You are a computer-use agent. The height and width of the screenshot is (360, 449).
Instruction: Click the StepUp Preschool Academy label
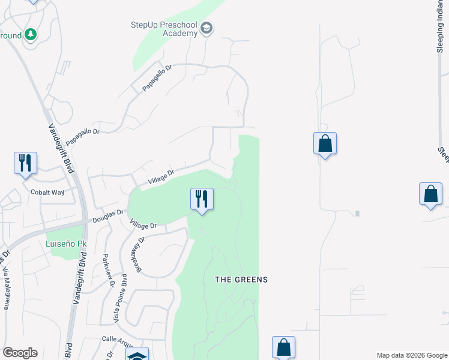point(164,29)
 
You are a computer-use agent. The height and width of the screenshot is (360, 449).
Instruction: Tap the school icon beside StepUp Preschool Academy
point(206,28)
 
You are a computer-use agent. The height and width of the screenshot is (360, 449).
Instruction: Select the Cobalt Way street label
point(47,193)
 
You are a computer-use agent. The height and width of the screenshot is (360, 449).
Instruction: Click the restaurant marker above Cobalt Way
point(25,163)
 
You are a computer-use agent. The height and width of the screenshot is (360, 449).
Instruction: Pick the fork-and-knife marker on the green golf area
point(202,199)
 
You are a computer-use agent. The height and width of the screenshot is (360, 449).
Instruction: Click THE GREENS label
point(241,280)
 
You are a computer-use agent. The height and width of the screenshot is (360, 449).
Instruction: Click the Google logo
point(19,353)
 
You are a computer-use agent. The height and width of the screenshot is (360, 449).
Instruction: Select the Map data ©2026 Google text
point(411,355)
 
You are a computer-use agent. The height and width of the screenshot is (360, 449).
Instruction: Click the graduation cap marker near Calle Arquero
point(137,355)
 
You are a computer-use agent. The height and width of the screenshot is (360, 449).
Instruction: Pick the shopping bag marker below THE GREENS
point(283,347)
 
